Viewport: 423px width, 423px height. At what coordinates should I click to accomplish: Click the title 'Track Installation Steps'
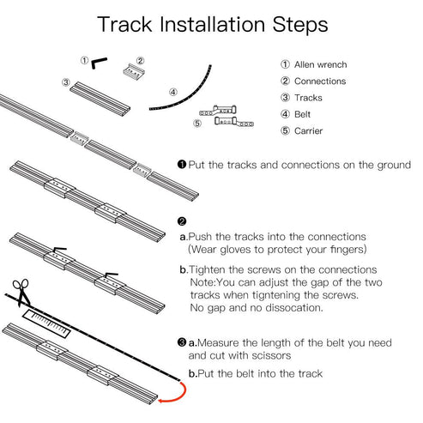click(211, 24)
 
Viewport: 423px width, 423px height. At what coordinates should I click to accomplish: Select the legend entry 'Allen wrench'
click(319, 64)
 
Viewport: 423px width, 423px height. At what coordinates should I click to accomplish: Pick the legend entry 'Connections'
click(318, 82)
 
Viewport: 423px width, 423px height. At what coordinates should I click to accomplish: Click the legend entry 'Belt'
click(303, 115)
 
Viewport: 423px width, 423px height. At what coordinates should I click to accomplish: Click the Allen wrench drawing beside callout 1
click(100, 62)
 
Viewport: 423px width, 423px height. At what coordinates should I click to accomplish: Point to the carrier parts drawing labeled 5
click(225, 116)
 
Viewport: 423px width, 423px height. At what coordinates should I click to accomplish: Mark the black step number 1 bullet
click(182, 164)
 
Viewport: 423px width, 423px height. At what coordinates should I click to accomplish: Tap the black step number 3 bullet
click(182, 341)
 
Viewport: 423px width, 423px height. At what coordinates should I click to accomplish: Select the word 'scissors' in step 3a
click(277, 354)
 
